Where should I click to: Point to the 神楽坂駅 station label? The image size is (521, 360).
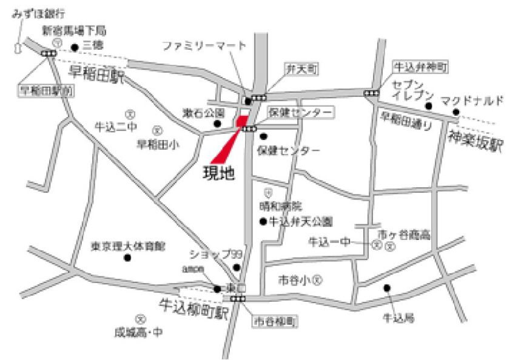pyautogui.click(x=477, y=143)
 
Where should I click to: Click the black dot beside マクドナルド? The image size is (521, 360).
pyautogui.click(x=455, y=113)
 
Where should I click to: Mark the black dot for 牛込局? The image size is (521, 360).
pyautogui.click(x=387, y=288)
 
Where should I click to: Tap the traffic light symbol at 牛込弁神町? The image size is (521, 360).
pyautogui.click(x=371, y=93)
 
